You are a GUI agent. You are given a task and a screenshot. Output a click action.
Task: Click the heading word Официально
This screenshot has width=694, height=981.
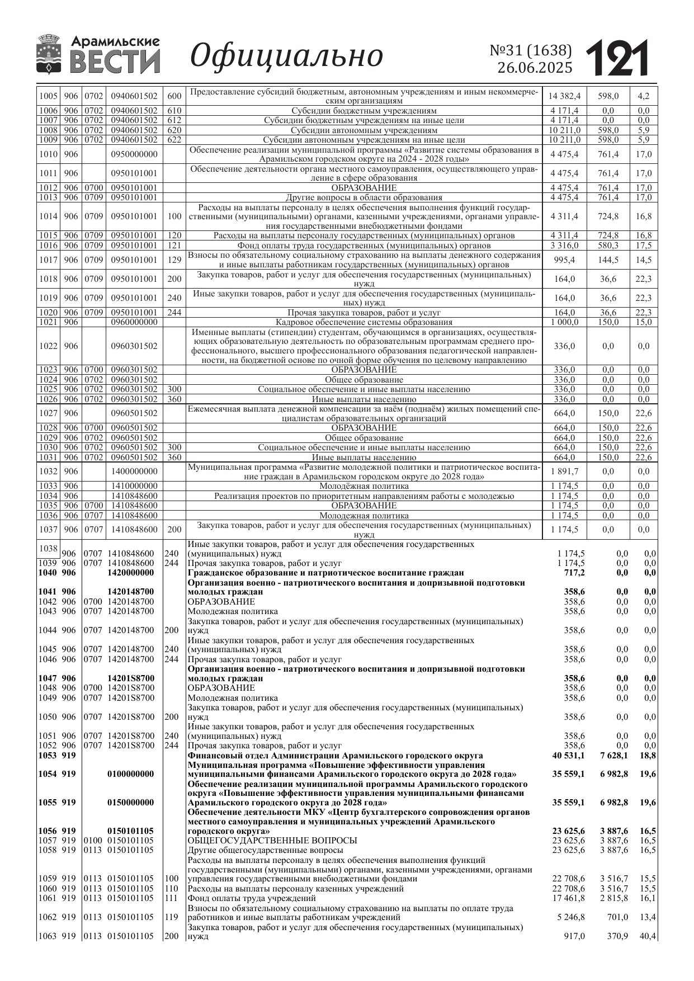(287, 56)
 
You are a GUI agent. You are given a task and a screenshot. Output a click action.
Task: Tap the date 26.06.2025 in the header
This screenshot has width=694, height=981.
(535, 68)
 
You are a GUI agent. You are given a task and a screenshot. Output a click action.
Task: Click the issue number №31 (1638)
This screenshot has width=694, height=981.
(531, 50)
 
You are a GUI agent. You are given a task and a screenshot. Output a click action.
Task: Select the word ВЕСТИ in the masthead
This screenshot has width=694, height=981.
(115, 62)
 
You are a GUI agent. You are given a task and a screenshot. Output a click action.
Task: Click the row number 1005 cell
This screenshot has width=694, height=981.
(49, 96)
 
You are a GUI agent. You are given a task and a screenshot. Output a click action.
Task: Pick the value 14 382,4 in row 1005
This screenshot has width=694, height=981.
(564, 96)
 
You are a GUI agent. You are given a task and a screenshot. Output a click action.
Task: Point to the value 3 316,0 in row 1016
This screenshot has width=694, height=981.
(564, 246)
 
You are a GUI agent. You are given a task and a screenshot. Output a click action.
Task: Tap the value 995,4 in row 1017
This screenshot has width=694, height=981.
(564, 260)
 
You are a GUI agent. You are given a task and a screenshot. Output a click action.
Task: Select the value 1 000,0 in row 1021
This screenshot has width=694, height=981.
(564, 322)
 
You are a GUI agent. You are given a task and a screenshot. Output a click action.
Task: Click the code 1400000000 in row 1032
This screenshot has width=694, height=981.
(134, 471)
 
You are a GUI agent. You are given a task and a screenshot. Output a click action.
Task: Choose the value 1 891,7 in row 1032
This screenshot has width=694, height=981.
(564, 471)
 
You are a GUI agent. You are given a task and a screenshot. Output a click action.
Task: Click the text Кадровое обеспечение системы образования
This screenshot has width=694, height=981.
(364, 322)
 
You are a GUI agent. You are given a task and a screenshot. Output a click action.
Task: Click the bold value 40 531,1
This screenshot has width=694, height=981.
(568, 756)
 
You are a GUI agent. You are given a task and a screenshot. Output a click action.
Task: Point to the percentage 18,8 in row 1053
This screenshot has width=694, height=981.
(648, 756)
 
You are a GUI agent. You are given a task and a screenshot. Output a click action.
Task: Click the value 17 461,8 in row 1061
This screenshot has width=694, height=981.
(568, 898)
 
